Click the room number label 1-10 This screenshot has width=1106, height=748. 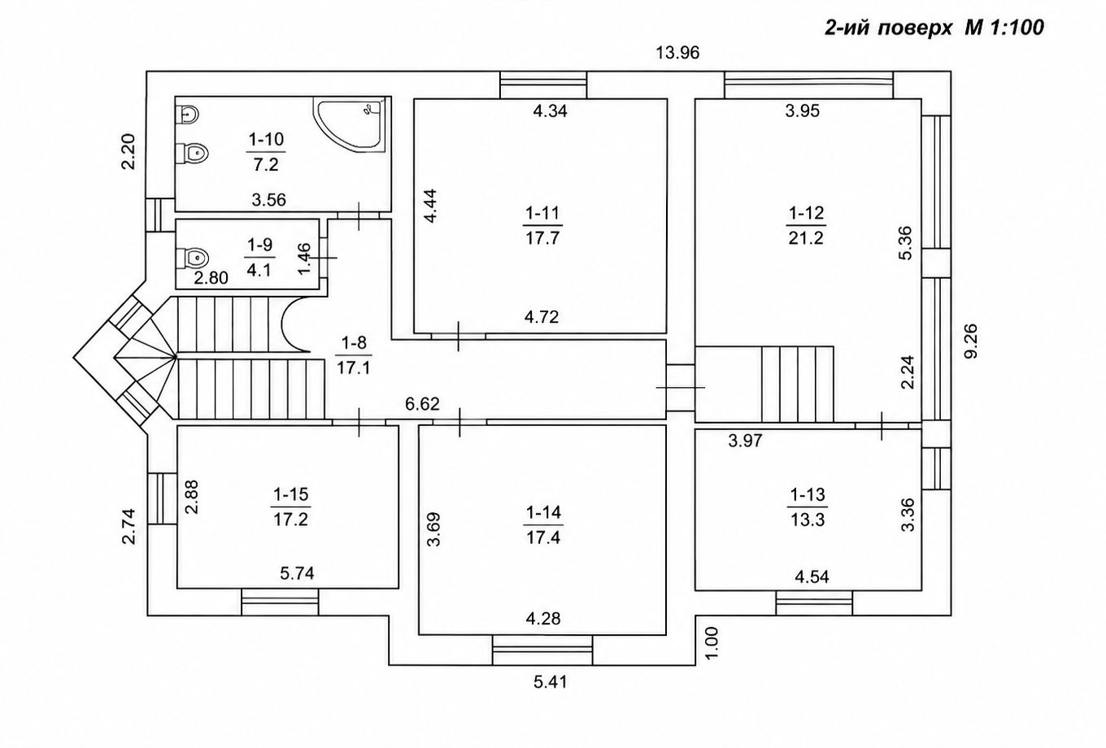266,139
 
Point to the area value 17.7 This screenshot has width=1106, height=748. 542,238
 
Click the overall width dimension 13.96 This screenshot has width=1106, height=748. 677,52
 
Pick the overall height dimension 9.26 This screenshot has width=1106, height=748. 970,341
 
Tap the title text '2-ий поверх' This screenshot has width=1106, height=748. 888,28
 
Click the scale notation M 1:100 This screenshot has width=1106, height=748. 1004,28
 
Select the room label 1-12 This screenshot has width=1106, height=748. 806,213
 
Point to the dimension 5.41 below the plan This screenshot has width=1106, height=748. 550,682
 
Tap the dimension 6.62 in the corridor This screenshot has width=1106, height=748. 422,404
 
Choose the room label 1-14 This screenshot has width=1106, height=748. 543,512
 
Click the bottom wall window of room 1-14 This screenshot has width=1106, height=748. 542,650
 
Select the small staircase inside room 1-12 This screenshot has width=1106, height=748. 798,384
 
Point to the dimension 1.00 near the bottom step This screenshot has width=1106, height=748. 712,642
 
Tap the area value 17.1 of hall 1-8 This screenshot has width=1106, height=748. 354,367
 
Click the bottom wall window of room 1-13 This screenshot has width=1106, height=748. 814,602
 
